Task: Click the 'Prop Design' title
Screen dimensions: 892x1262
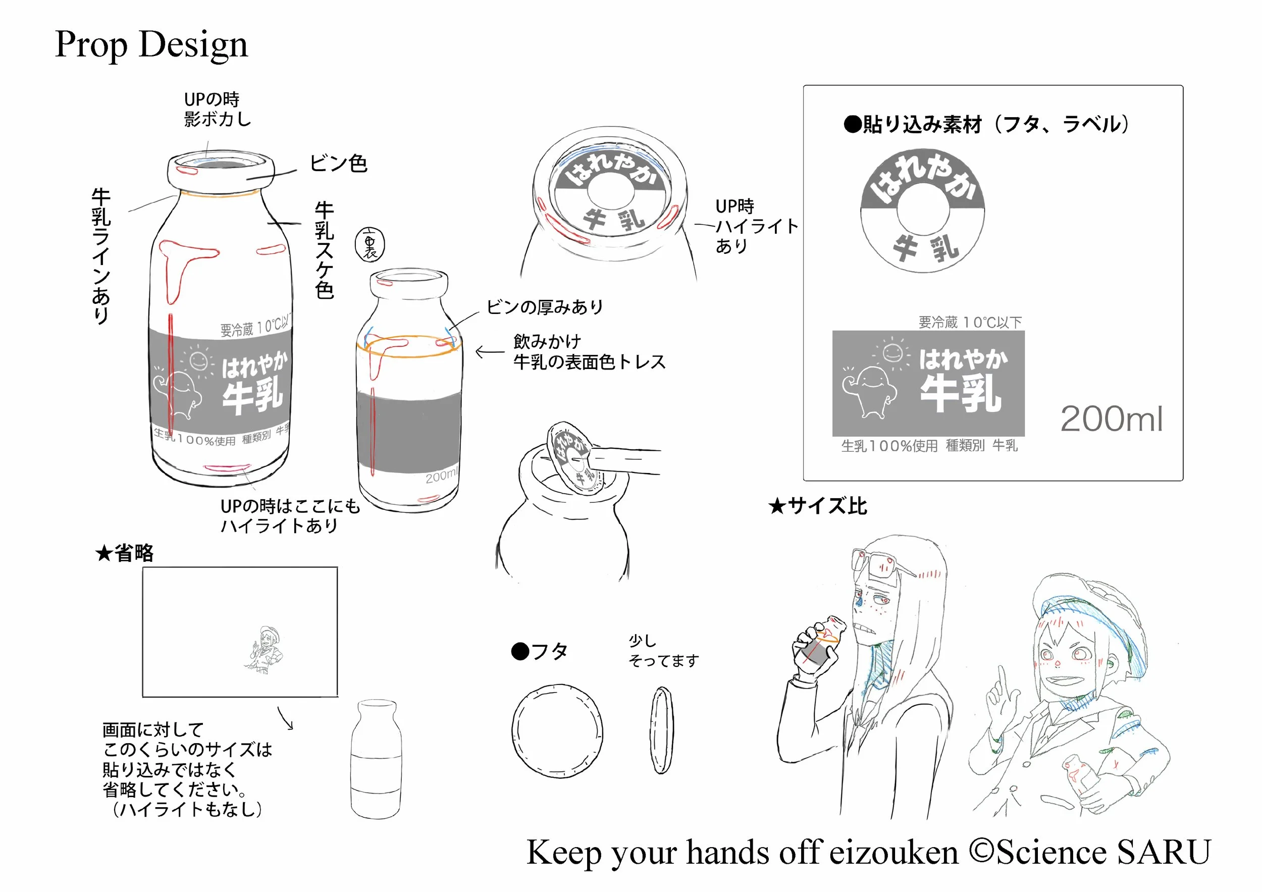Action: tap(151, 44)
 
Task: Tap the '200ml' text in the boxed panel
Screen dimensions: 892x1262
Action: tap(1111, 419)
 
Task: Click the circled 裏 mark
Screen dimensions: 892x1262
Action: tap(370, 244)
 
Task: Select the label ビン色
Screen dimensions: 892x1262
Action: tap(338, 164)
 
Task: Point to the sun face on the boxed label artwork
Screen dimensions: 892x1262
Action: tap(892, 352)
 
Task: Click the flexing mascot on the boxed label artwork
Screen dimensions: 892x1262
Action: tap(870, 390)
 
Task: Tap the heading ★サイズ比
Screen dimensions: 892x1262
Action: tap(817, 506)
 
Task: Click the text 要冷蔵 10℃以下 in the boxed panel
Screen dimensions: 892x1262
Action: tap(970, 322)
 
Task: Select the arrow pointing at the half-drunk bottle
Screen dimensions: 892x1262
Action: tap(489, 352)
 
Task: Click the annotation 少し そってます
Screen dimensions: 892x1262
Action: tap(662, 651)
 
